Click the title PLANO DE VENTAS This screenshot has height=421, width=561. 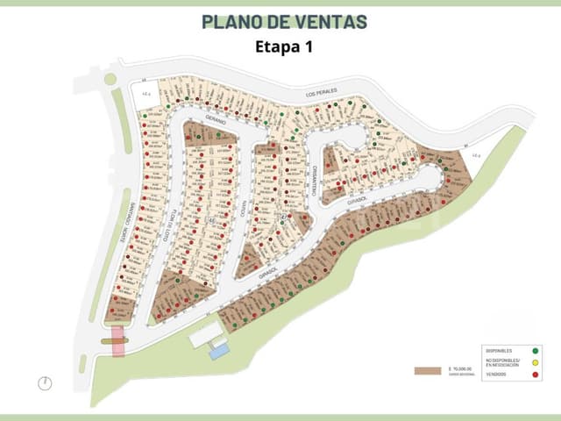pyautogui.click(x=283, y=21)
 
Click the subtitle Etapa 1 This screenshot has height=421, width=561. pyautogui.click(x=283, y=47)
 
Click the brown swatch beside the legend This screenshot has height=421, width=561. pyautogui.click(x=427, y=371)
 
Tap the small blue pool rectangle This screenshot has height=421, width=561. pyautogui.click(x=219, y=351)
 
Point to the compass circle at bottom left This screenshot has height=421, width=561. pyautogui.click(x=45, y=382)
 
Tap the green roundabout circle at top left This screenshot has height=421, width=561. pyautogui.click(x=110, y=79)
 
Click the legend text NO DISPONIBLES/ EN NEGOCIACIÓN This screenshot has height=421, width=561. pyautogui.click(x=501, y=363)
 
